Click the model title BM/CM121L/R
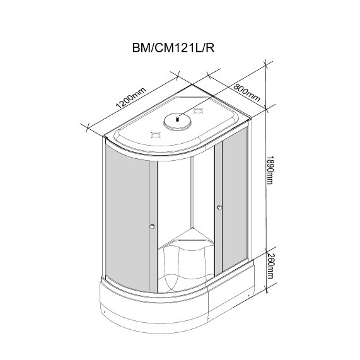click(x=173, y=48)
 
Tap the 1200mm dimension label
click(x=131, y=98)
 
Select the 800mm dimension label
click(x=247, y=93)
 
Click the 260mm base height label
click(x=270, y=266)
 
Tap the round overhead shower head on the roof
click(x=177, y=121)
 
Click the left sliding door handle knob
click(x=152, y=226)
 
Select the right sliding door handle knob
click(x=219, y=208)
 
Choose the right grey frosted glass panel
click(x=235, y=198)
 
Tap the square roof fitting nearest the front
click(x=155, y=135)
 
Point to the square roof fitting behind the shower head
click(x=198, y=111)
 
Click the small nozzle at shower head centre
click(x=177, y=119)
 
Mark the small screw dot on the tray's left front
click(x=105, y=312)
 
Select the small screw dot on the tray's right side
click(x=248, y=296)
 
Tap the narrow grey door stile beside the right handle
click(x=218, y=209)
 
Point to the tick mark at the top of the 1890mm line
click(x=266, y=64)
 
